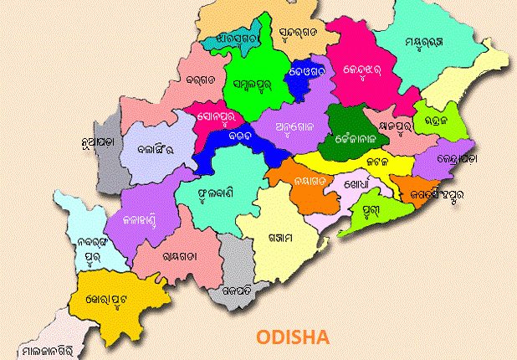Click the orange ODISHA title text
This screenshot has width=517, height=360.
pos(293,337)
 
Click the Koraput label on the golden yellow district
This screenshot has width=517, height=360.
pos(115,298)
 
